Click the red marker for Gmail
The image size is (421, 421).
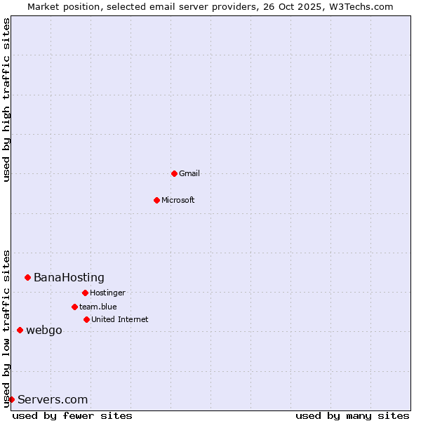pos(174,173)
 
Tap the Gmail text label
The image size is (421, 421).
pos(189,173)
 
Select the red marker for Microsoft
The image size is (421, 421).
pos(156,200)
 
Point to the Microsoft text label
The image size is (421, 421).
pos(178,200)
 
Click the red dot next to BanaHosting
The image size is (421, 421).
pos(27,277)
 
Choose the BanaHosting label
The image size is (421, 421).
pos(69,277)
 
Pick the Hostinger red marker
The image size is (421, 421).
pos(85,293)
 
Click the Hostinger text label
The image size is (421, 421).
pos(107,293)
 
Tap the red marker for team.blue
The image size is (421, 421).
pos(74,307)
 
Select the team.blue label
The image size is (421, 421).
pos(98,307)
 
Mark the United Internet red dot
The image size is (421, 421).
pos(86,319)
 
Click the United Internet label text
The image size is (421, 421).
pos(120,319)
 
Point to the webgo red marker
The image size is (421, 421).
pos(20,330)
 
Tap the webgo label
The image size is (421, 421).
pos(44,330)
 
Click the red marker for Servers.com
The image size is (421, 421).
pos(11,399)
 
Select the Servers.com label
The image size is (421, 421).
pos(53,399)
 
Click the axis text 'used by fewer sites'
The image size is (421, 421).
pos(72,415)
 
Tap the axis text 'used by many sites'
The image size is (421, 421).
pos(352,415)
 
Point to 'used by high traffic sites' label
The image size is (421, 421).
pos(6,100)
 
